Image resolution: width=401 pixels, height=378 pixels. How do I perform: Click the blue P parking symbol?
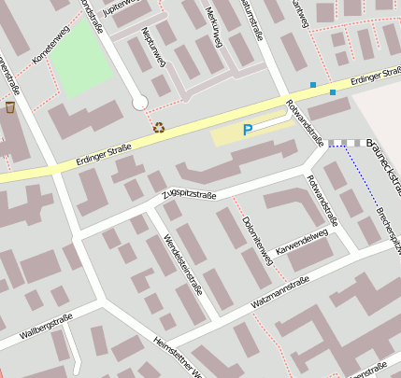(x=248, y=131)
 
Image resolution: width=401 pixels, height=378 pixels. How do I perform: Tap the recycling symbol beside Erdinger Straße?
(x=159, y=127)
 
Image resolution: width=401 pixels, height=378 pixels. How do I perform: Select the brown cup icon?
(x=10, y=106)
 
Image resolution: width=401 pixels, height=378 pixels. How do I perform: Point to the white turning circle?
(x=140, y=103)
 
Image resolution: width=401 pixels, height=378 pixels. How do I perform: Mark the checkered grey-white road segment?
(x=344, y=143)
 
